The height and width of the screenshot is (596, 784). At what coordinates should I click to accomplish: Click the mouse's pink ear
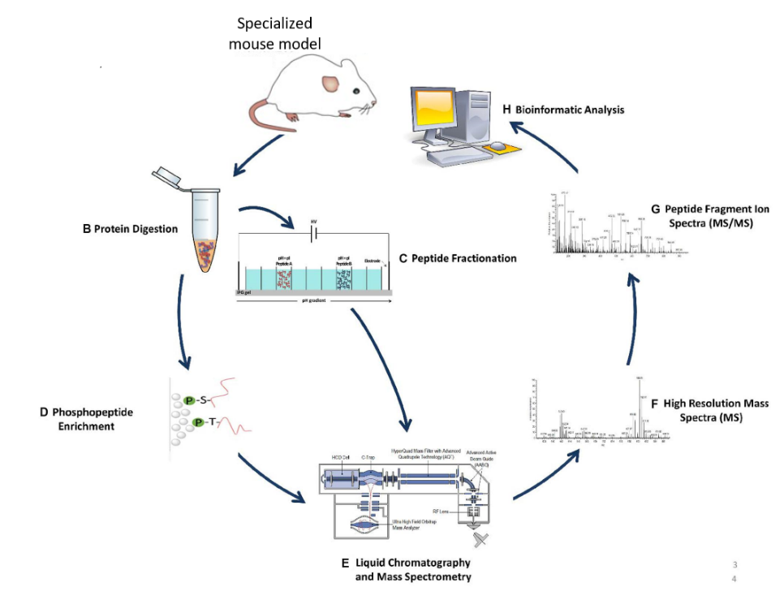click(332, 82)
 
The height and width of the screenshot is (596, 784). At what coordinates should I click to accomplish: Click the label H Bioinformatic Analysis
click(563, 109)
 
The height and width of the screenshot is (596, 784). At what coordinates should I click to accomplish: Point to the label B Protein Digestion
click(130, 229)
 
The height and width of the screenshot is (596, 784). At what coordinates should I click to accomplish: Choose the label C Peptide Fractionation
click(458, 258)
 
